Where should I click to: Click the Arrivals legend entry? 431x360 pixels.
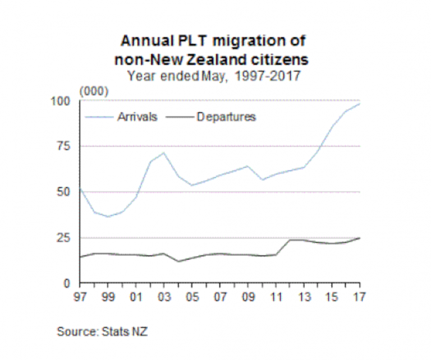[137, 117]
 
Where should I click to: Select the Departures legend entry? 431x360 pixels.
[226, 117]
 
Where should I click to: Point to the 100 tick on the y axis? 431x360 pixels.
[66, 101]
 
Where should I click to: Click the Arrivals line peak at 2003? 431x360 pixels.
[163, 153]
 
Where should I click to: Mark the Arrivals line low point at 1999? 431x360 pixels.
[108, 216]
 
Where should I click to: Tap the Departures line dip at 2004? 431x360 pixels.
[177, 261]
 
